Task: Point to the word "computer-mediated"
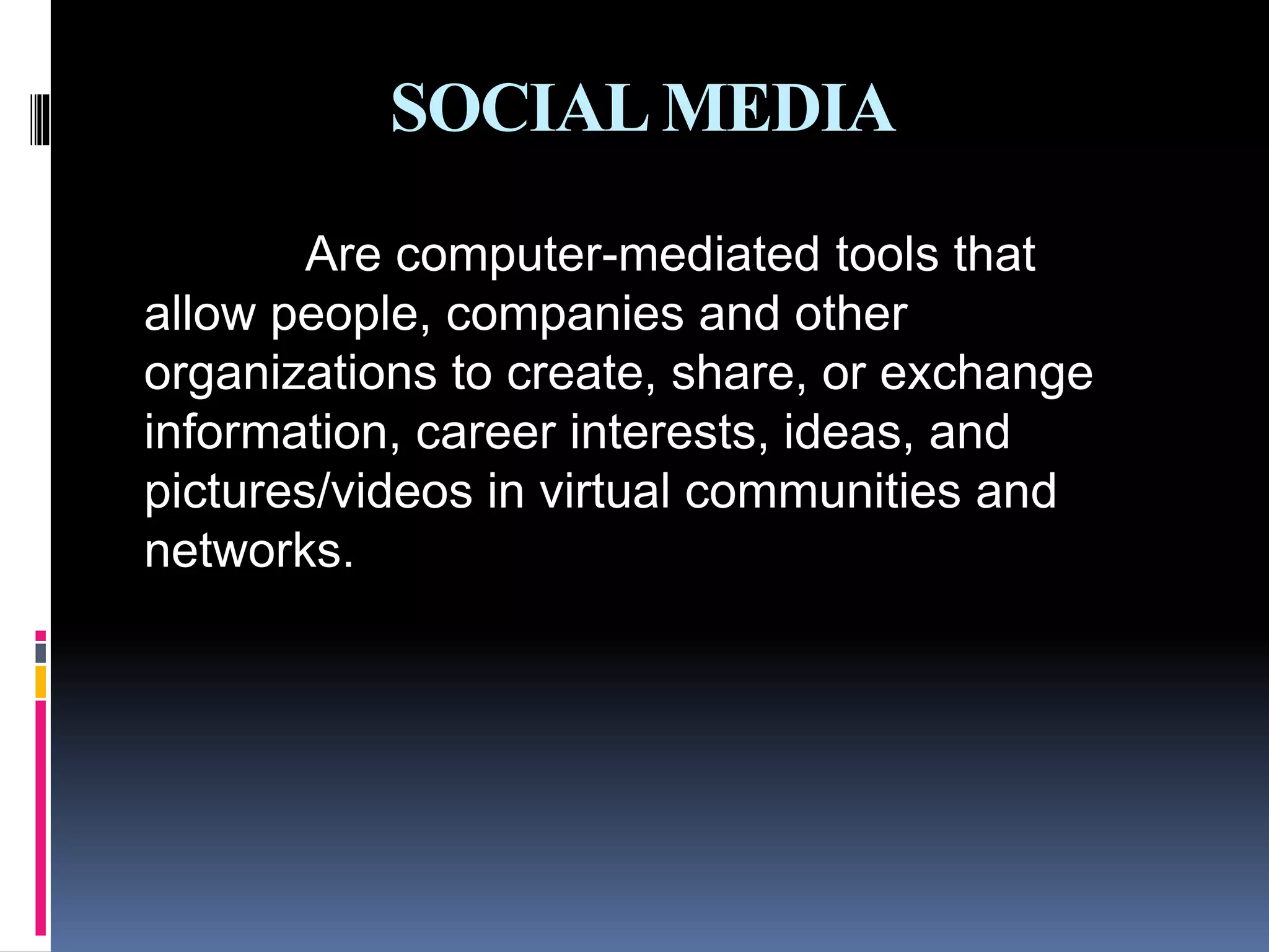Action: tap(607, 255)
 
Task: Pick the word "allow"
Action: tap(200, 314)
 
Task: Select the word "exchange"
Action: tap(986, 374)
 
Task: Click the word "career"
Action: tap(485, 433)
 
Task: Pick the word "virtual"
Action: tap(605, 491)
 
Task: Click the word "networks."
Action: tap(248, 550)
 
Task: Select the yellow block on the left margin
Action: tap(40, 682)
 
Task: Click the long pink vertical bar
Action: tap(40, 818)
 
